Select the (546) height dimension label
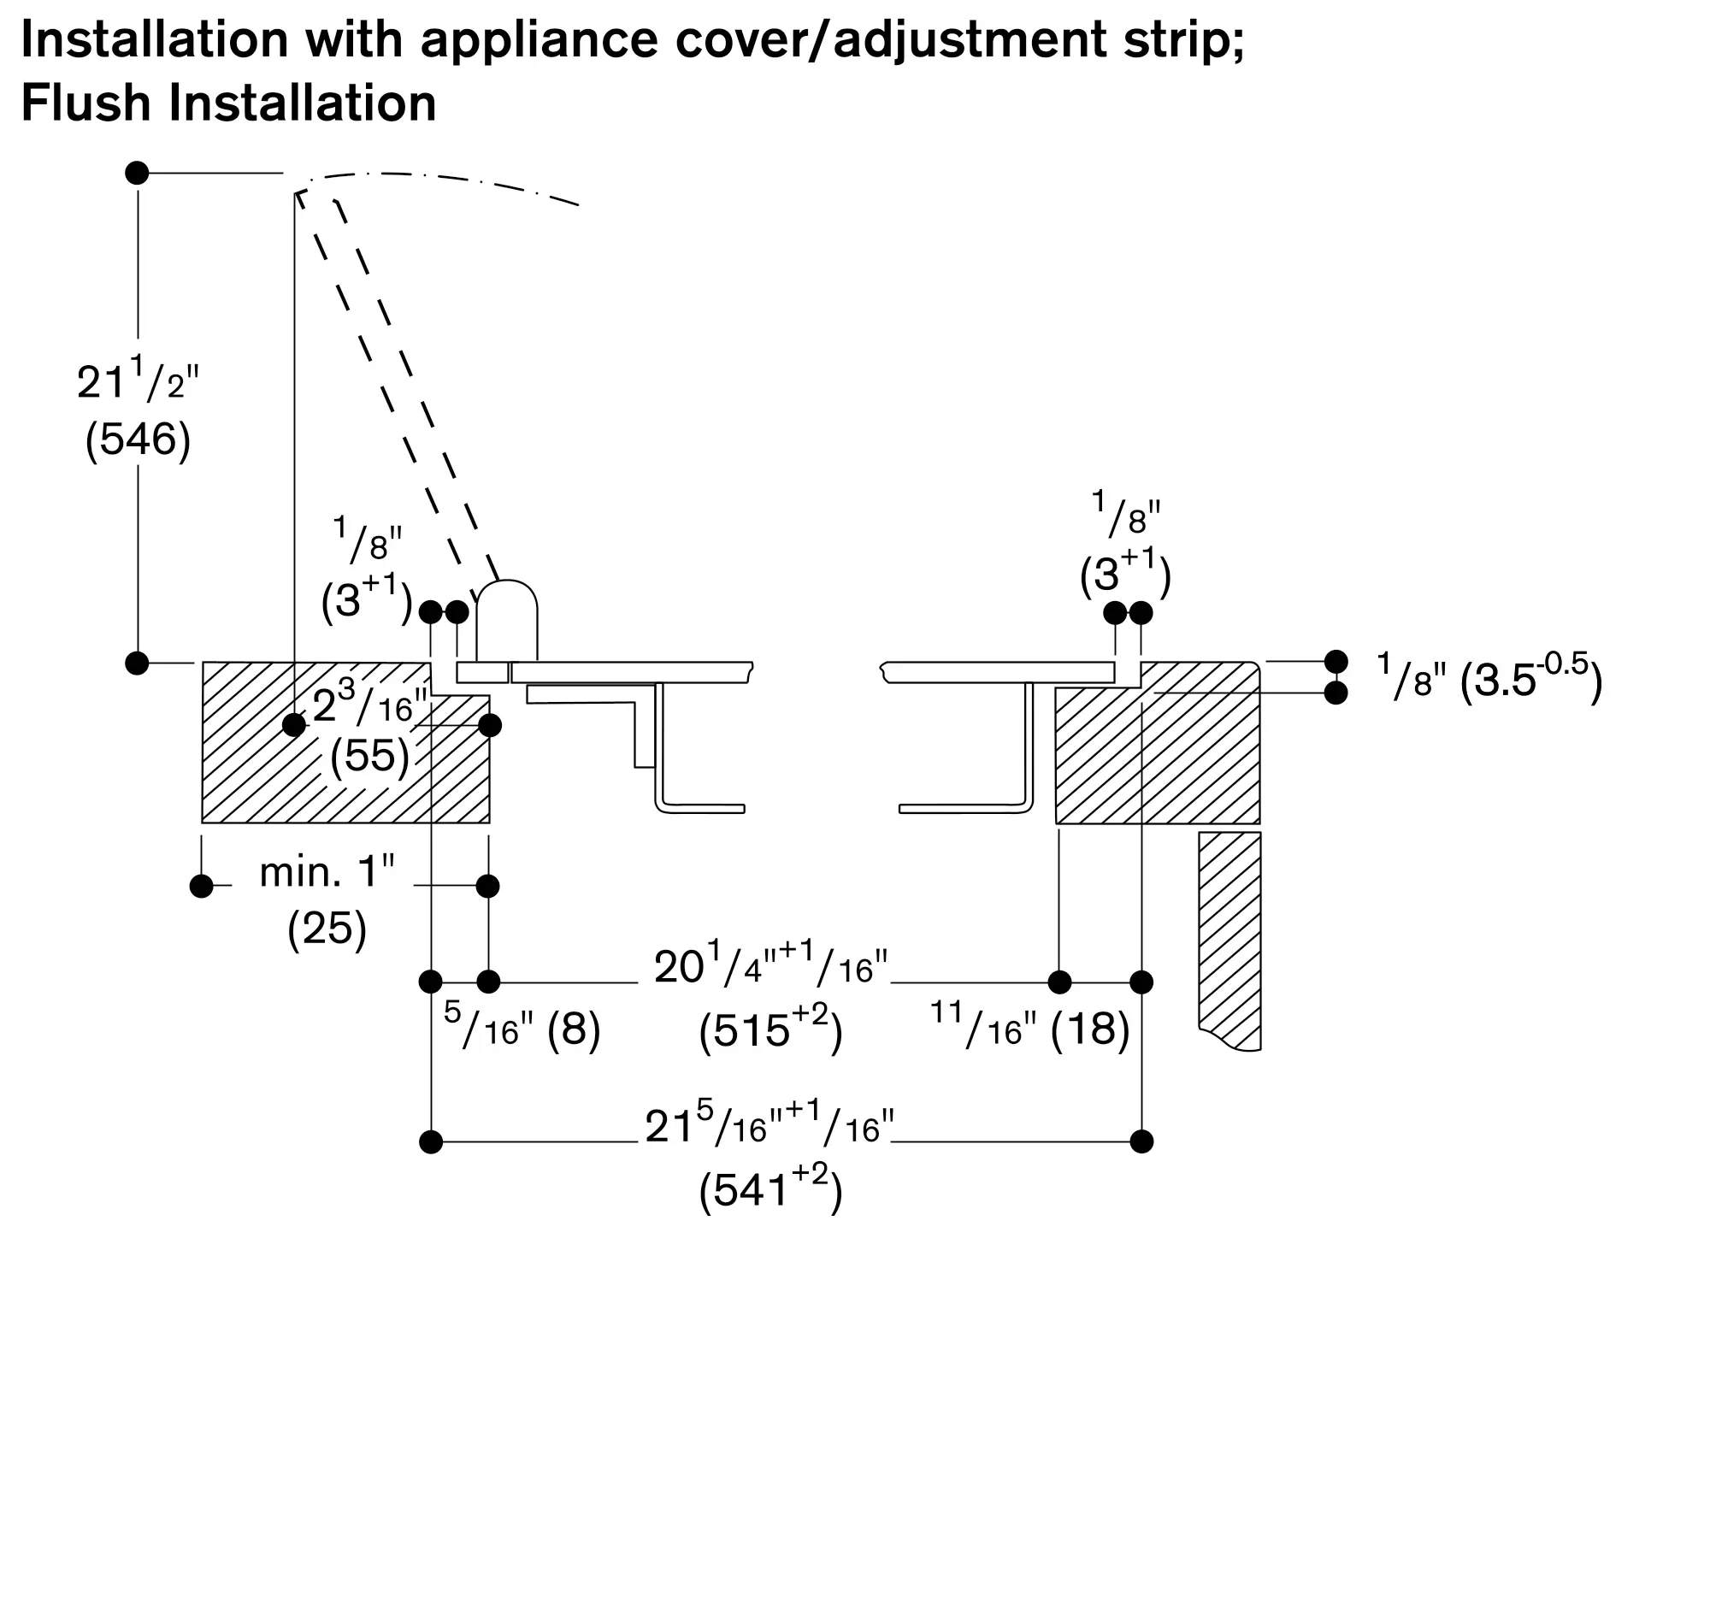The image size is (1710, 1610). point(138,439)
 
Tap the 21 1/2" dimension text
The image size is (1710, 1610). point(138,382)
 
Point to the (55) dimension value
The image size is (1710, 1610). point(370,756)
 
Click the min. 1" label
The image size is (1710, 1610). point(327,873)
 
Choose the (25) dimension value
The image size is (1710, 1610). point(327,929)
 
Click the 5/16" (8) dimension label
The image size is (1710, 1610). point(522,1029)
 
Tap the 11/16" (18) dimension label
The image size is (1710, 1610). point(1029,1029)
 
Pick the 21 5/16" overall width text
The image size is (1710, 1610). point(769,1127)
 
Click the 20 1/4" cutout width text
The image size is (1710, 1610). point(769,968)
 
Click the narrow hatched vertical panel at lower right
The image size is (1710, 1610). point(1230,937)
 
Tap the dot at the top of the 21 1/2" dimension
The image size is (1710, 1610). point(137,173)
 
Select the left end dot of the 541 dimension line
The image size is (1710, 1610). point(431,1142)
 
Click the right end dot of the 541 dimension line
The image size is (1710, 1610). point(1141,1142)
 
